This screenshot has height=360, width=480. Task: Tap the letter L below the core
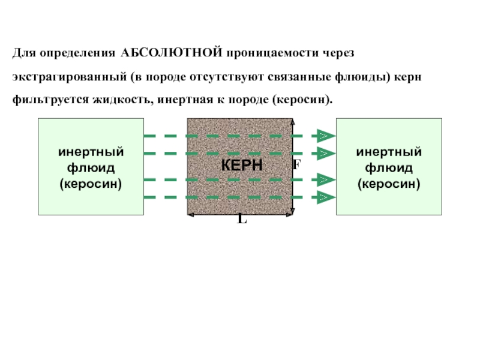[241, 220]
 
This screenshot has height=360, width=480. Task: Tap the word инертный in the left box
[91, 152]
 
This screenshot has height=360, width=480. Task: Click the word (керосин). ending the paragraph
[302, 99]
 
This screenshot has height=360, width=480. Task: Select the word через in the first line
[340, 53]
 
